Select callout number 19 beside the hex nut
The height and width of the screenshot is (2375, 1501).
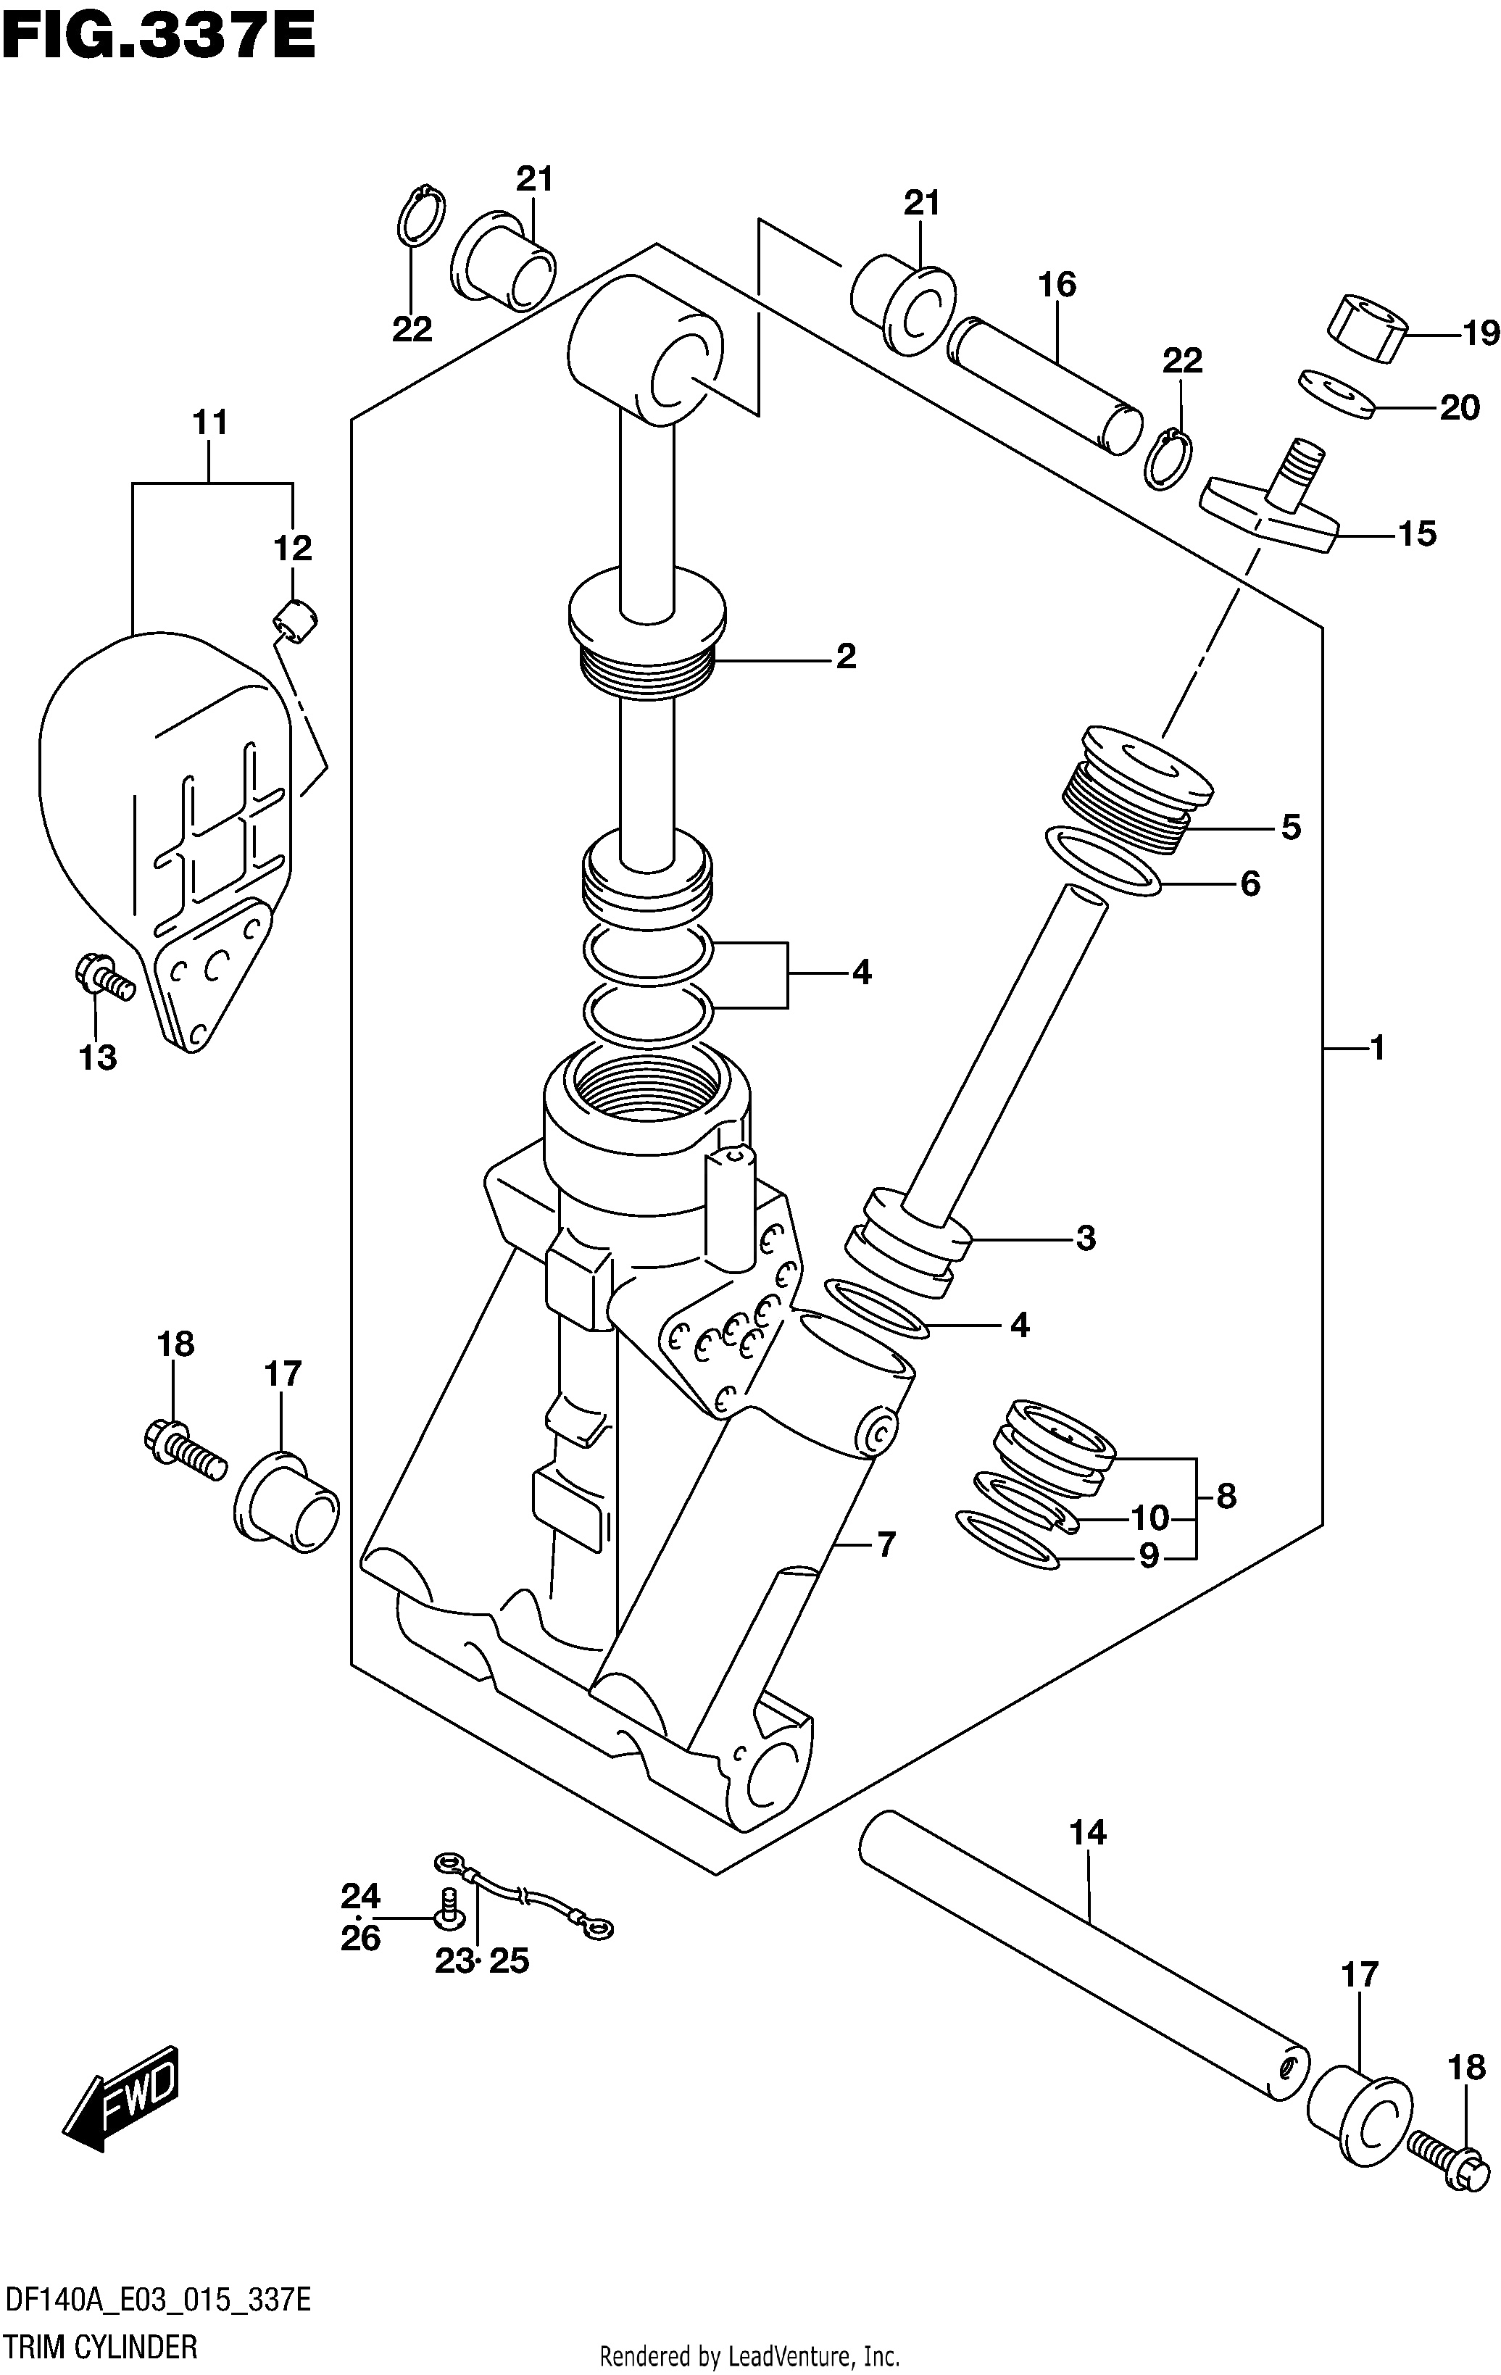1480,333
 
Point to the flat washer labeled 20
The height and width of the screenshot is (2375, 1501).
1337,394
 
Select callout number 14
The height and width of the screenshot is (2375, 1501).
1088,1834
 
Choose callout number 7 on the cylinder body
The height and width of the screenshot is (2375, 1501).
886,1544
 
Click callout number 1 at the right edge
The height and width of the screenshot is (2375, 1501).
1378,1047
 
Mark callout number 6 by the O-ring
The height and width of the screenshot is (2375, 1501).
1250,883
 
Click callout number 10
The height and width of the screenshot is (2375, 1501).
1149,1517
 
